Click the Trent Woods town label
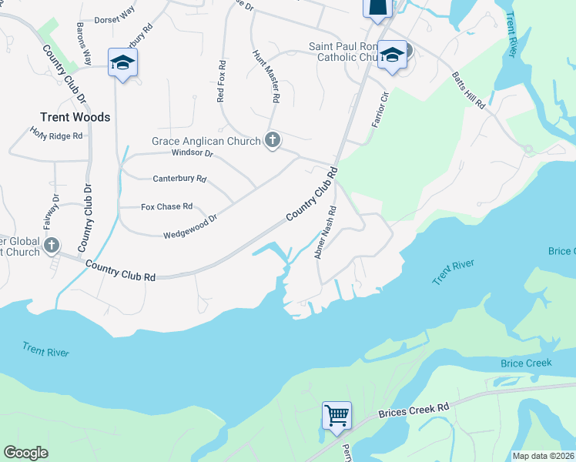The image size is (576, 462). pyautogui.click(x=75, y=118)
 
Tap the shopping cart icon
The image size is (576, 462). pyautogui.click(x=337, y=415)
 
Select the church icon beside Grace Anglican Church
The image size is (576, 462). pyautogui.click(x=271, y=140)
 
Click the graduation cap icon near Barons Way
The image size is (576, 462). pyautogui.click(x=122, y=62)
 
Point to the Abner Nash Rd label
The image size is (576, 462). pyautogui.click(x=326, y=232)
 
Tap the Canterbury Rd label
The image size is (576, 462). pyautogui.click(x=179, y=179)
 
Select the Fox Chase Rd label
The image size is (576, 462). pyautogui.click(x=166, y=206)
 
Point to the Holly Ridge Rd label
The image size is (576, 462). pyautogui.click(x=55, y=134)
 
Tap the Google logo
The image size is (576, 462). pyautogui.click(x=25, y=453)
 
